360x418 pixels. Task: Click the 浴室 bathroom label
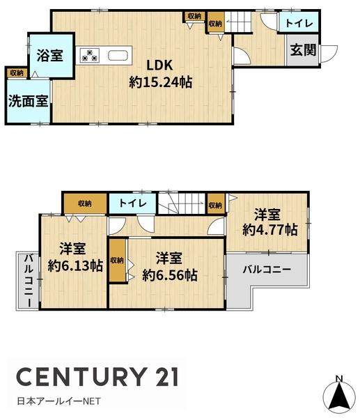(50, 56)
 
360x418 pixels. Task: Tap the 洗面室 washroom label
(29, 101)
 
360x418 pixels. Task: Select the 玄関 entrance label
(303, 50)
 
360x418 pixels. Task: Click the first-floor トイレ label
(299, 23)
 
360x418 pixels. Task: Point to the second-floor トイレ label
(133, 203)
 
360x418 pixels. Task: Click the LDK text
(160, 65)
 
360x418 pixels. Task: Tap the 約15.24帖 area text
(160, 82)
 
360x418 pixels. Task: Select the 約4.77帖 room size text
(270, 229)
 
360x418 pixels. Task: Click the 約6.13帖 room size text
(75, 265)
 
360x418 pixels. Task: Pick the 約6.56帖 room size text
(170, 275)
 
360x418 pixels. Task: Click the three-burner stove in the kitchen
(90, 55)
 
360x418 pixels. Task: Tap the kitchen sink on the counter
(119, 55)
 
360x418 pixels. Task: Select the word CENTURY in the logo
(81, 376)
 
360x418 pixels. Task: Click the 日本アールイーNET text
(59, 401)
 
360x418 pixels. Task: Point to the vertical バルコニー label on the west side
(29, 281)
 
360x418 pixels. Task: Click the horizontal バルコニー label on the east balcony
(267, 269)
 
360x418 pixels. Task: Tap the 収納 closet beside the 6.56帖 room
(117, 261)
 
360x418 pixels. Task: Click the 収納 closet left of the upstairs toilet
(85, 203)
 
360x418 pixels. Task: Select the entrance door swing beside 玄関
(328, 54)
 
